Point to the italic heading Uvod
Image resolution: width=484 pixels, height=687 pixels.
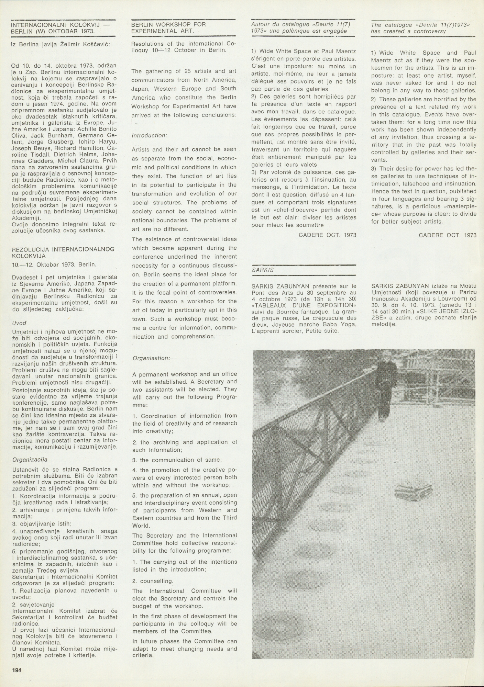pyautogui.click(x=19, y=324)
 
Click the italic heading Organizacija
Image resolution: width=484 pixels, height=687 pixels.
pyautogui.click(x=30, y=460)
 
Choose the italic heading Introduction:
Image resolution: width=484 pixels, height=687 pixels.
pyautogui.click(x=150, y=135)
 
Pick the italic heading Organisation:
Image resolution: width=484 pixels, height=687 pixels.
pyautogui.click(x=151, y=358)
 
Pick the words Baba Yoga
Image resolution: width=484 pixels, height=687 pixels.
pyautogui.click(x=337, y=324)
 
